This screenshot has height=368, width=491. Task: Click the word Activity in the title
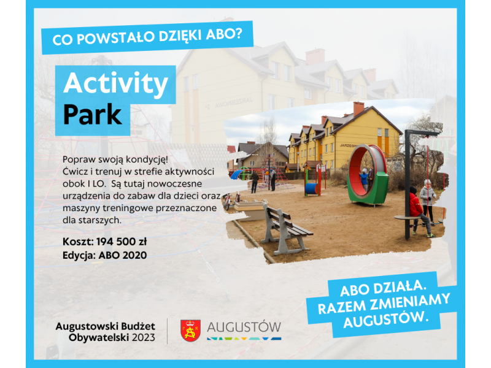pos(116,83)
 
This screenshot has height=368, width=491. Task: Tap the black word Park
pos(93,115)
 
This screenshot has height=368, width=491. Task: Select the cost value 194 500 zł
pos(122,242)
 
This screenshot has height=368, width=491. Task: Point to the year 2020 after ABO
pos(134,255)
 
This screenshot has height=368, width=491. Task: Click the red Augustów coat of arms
pos(190,331)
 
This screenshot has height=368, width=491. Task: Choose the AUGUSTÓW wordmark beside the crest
pos(244,327)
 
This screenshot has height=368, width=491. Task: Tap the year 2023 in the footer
pos(144,338)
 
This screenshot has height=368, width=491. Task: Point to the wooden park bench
pos(285,228)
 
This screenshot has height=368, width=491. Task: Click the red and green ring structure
pos(367,175)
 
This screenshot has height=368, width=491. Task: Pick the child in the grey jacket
pos(428,201)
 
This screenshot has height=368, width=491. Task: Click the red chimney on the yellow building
pos(358,109)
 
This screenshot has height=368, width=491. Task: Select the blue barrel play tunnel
pos(312,189)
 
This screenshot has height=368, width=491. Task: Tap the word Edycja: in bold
pos(79,256)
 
